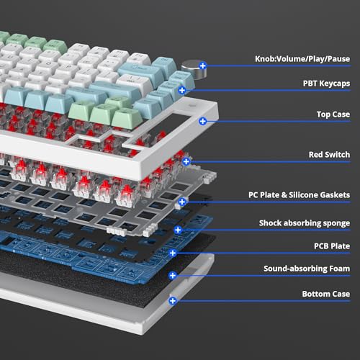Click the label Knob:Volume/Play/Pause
[x=302, y=59]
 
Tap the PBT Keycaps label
[x=326, y=84]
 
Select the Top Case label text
[x=333, y=114]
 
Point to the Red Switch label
[x=329, y=155]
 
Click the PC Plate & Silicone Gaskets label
[x=299, y=195]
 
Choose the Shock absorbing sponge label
[x=305, y=223]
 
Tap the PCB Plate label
[x=332, y=246]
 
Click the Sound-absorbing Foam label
[x=307, y=269]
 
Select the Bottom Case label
[x=326, y=294]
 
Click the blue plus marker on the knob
[x=203, y=66]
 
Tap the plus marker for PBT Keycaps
[x=182, y=90]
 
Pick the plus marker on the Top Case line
[x=203, y=121]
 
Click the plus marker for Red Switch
[x=186, y=161]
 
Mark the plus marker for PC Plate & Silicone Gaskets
[x=182, y=202]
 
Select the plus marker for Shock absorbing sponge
[x=178, y=230]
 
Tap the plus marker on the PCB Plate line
[x=173, y=253]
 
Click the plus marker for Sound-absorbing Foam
[x=172, y=276]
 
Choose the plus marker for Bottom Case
[x=172, y=301]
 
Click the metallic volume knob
[x=194, y=70]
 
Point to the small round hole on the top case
[x=192, y=105]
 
